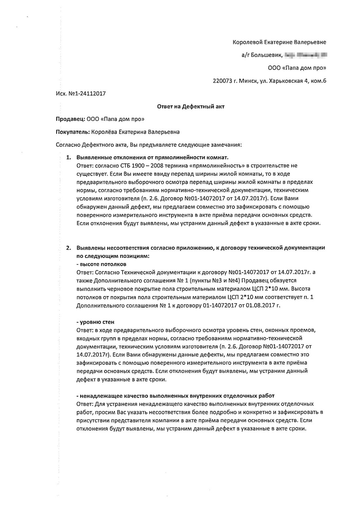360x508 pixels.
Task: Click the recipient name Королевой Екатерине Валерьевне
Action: (279, 42)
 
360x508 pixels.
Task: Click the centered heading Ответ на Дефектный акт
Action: (191, 106)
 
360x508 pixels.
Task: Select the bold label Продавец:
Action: (71, 119)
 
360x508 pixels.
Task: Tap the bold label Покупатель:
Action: (73, 132)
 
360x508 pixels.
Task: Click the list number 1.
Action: (69, 157)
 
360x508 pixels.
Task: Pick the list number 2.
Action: (69, 248)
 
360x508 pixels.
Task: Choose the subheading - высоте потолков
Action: (101, 264)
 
